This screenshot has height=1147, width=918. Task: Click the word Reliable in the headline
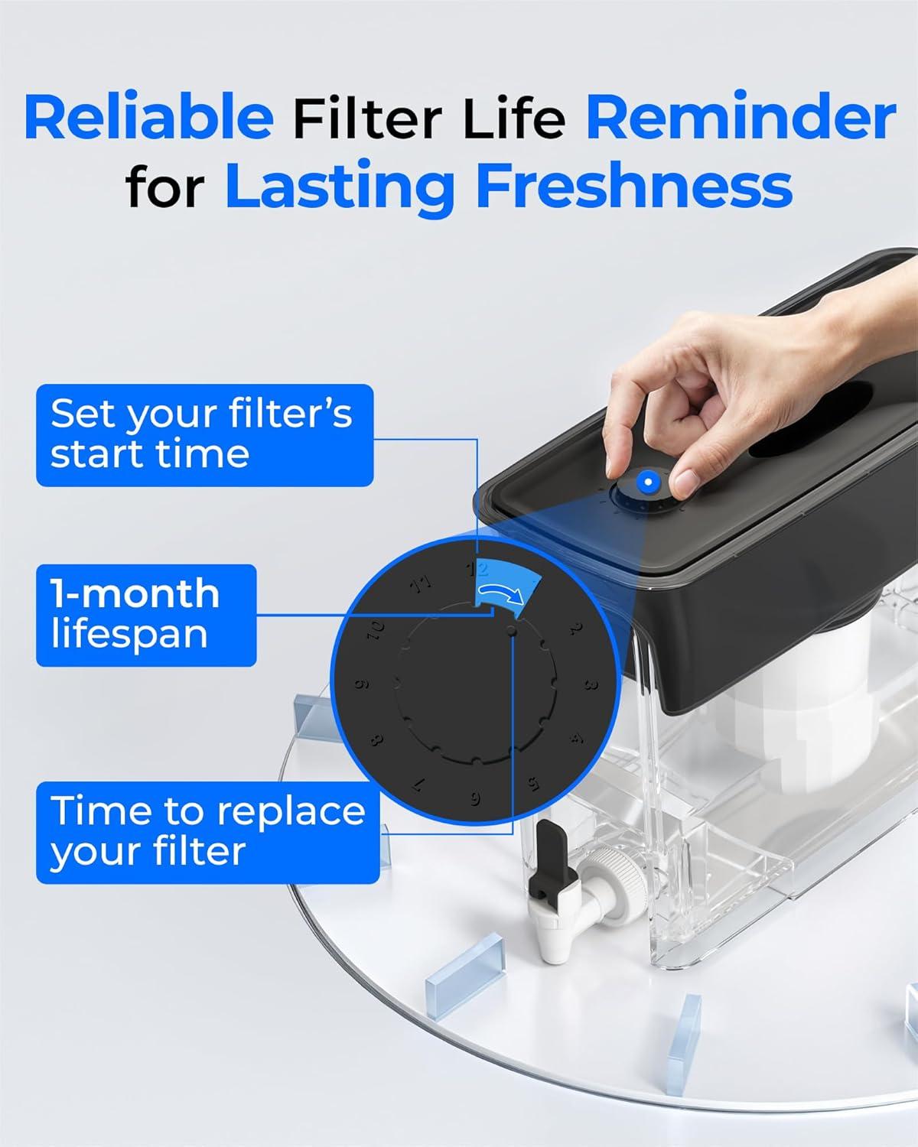148,119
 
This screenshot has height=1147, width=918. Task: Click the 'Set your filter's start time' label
204,434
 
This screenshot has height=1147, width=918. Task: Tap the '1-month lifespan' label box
145,615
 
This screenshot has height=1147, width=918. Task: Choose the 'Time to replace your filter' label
207,831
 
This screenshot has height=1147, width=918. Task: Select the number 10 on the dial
377,632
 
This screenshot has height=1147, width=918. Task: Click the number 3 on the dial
590,684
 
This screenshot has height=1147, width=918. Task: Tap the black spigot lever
551,850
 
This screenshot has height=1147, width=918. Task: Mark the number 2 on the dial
575,629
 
